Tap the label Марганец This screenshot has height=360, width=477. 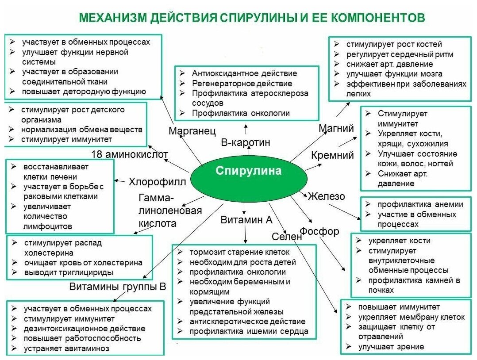point(192,130)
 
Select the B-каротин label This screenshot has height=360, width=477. point(245,143)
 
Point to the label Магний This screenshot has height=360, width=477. point(336,128)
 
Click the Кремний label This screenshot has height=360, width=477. point(332,155)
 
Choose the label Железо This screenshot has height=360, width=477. point(327,196)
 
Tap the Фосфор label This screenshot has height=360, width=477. point(319,231)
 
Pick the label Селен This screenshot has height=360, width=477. point(286,237)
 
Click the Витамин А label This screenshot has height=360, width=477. point(246,220)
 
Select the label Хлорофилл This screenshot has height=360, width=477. point(157,181)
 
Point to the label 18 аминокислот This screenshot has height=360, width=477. point(130,154)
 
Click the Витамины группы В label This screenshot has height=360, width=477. point(117,287)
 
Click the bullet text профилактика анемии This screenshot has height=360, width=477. point(420,204)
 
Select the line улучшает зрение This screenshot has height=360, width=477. point(391,347)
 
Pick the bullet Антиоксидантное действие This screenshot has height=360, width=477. point(244,73)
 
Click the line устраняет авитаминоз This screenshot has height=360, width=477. point(66,348)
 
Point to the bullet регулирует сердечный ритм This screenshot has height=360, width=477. point(400,54)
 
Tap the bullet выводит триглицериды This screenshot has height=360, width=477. point(69,272)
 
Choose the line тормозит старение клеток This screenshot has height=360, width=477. point(239,252)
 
